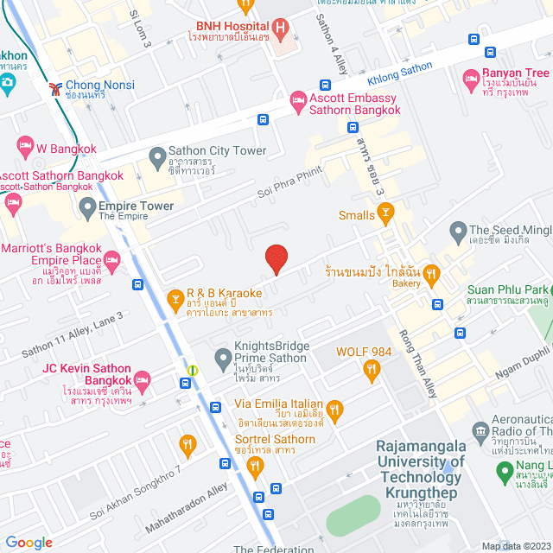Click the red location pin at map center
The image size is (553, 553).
click(x=276, y=257)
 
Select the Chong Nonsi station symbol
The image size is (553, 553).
click(x=55, y=87)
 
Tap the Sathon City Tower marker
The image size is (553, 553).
click(x=157, y=157)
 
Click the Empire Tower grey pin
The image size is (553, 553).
click(x=87, y=207)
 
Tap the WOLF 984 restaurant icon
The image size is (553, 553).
click(x=372, y=370)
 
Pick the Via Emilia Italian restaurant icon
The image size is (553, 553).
click(x=334, y=409)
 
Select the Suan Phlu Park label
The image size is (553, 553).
click(x=508, y=289)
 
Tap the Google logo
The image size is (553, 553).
click(x=29, y=542)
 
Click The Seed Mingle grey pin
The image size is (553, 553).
click(x=458, y=230)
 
